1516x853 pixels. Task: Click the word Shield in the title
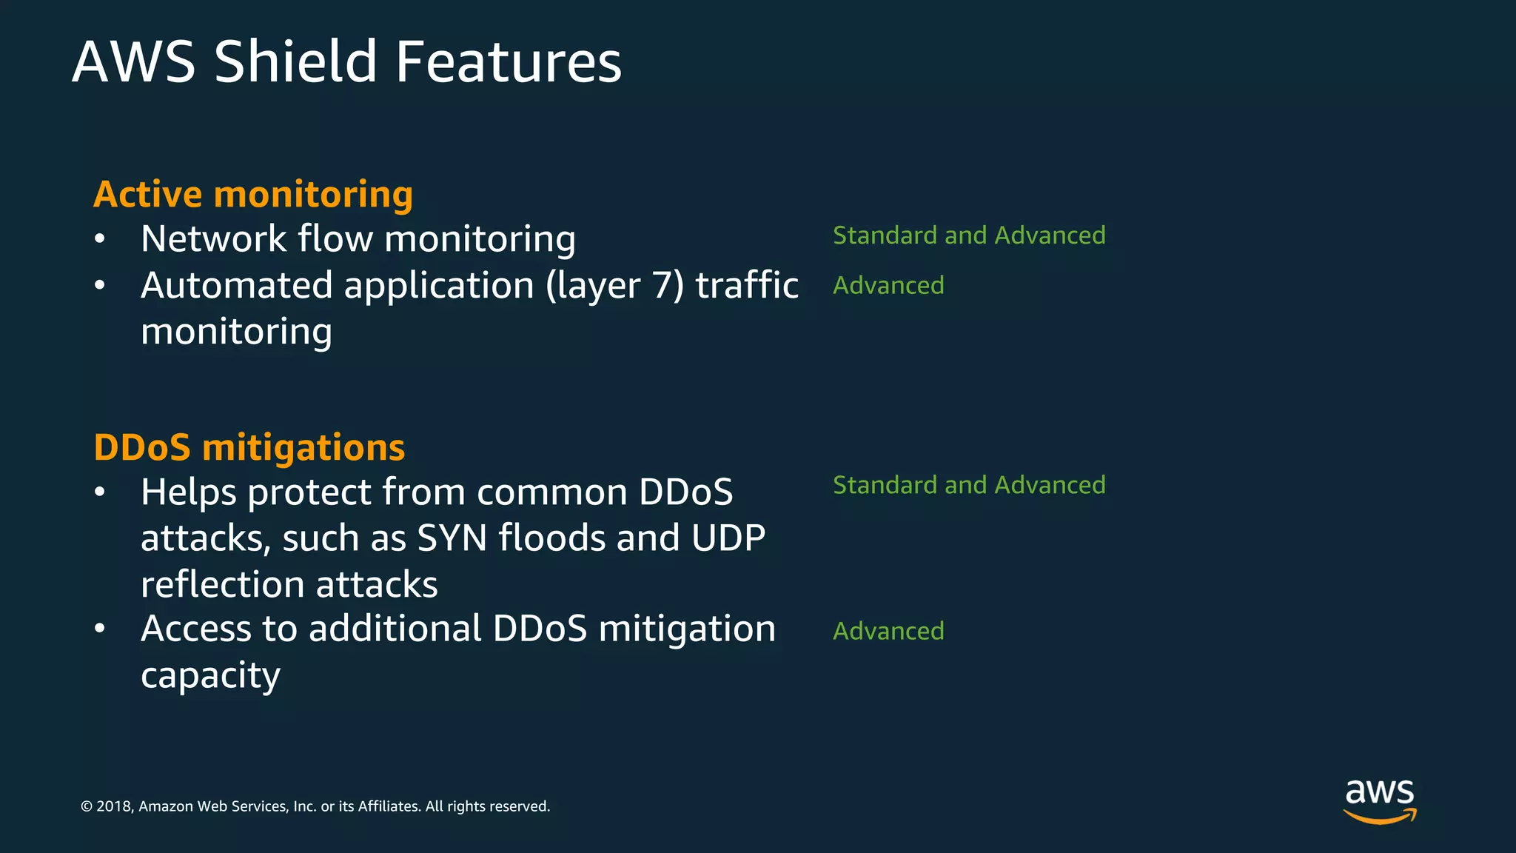(295, 61)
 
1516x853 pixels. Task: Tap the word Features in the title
(509, 61)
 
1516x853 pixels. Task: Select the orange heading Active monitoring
(253, 194)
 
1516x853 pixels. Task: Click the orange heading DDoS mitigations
(249, 447)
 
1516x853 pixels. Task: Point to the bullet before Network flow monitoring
(100, 239)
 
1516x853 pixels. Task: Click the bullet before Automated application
(100, 286)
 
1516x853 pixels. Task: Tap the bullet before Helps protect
(100, 492)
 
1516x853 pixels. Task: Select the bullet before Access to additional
(100, 629)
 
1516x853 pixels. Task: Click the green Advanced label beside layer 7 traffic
(888, 285)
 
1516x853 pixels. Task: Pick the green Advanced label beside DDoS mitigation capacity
(888, 631)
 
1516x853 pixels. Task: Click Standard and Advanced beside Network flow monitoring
(969, 235)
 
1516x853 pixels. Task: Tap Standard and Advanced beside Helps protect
(969, 485)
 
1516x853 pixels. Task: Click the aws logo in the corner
(1380, 800)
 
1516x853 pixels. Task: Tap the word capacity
(210, 675)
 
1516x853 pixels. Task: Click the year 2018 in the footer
(113, 806)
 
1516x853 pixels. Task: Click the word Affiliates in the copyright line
(389, 806)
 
